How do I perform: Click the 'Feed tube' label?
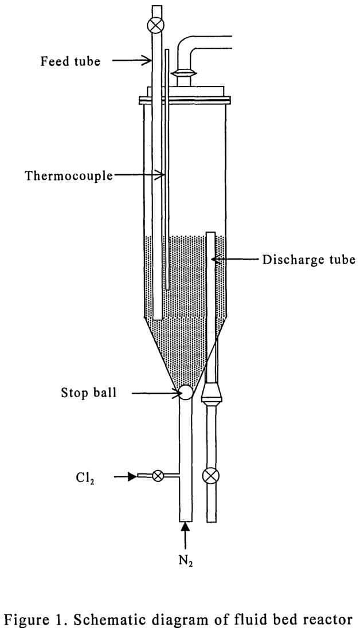(70, 61)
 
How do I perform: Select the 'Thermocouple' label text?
(69, 175)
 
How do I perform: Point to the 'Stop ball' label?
(88, 393)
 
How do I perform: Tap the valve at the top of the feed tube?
(155, 26)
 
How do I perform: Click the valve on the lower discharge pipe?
(211, 476)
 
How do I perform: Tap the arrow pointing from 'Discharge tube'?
(235, 260)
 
